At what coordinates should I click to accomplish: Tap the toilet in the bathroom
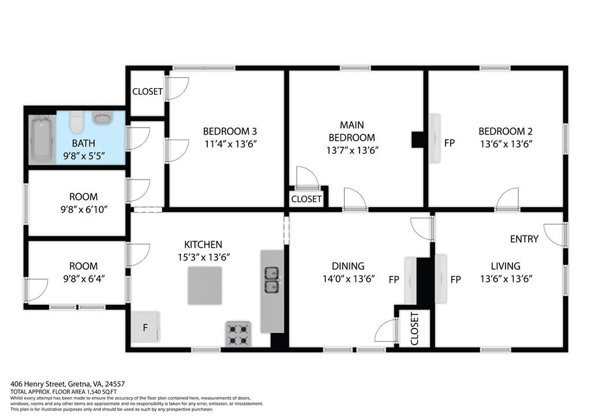pyautogui.click(x=77, y=122)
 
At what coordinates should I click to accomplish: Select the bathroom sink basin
pyautogui.click(x=102, y=118)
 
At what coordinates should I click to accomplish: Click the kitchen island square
pyautogui.click(x=205, y=285)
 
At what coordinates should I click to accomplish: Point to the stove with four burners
pyautogui.click(x=238, y=334)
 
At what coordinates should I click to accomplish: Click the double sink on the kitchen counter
pyautogui.click(x=272, y=279)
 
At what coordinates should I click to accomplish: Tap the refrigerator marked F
pyautogui.click(x=145, y=327)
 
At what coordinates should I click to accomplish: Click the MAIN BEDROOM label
pyautogui.click(x=352, y=131)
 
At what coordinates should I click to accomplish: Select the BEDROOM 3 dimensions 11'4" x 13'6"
pyautogui.click(x=230, y=144)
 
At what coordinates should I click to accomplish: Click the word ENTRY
pyautogui.click(x=524, y=239)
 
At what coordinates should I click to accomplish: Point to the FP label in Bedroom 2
pyautogui.click(x=449, y=143)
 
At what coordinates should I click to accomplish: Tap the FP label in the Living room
pyautogui.click(x=456, y=279)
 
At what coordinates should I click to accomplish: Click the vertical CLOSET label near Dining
pyautogui.click(x=414, y=329)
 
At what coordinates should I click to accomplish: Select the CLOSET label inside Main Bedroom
pyautogui.click(x=306, y=199)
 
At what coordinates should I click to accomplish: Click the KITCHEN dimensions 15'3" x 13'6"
pyautogui.click(x=204, y=257)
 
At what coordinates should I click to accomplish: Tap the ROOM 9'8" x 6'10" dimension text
pyautogui.click(x=84, y=210)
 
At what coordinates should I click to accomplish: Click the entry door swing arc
pyautogui.click(x=550, y=237)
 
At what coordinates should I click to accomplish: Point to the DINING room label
pyautogui.click(x=348, y=266)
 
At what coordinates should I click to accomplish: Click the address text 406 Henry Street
pyautogui.click(x=38, y=384)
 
